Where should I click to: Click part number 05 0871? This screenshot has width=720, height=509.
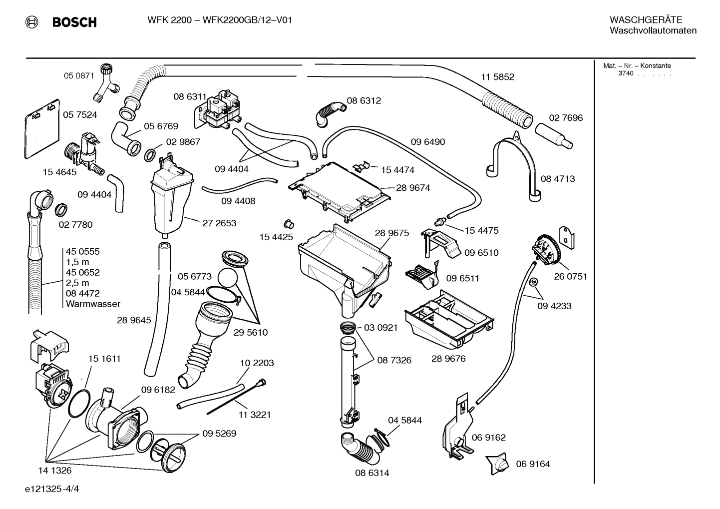79,76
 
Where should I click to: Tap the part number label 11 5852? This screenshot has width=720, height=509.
497,77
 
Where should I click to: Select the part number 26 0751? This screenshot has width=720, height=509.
570,276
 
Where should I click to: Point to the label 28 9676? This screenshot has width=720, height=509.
448,359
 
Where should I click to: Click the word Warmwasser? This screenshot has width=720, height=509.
93,304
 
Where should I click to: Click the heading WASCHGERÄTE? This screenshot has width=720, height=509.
646,20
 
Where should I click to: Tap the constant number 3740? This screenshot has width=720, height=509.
625,73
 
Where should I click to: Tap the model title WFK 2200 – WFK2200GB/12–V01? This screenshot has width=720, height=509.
220,20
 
